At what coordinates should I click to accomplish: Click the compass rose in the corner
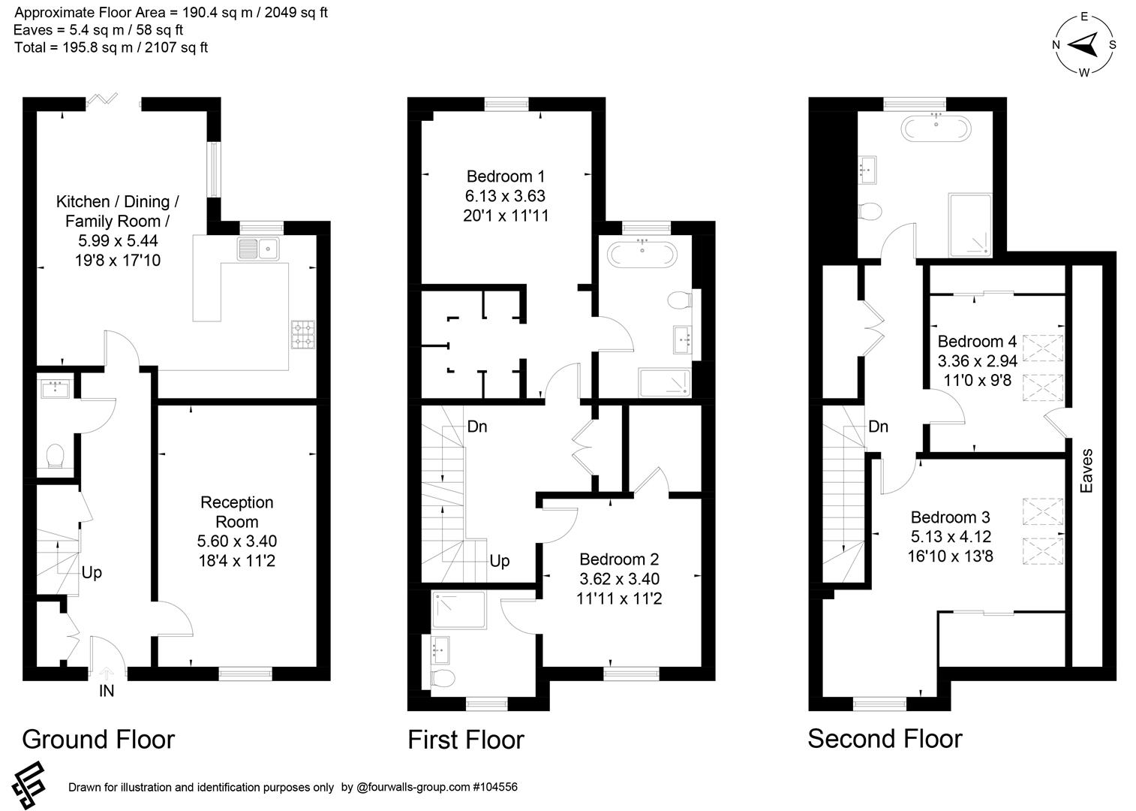click(1084, 45)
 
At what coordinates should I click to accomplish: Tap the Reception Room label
click(236, 512)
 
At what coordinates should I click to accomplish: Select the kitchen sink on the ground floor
click(257, 249)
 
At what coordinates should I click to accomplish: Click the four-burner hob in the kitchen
click(303, 334)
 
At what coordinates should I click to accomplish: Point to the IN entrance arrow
click(106, 674)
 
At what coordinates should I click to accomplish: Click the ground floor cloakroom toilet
click(55, 456)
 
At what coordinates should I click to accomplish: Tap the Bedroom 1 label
click(506, 176)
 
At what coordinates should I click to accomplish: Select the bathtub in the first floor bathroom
click(643, 255)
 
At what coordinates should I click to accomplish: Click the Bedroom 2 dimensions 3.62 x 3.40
click(619, 579)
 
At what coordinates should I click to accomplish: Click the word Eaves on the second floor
click(1086, 471)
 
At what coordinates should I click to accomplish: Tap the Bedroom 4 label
click(977, 342)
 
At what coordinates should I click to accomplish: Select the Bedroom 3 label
click(950, 517)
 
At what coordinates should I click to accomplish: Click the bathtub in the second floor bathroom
click(936, 128)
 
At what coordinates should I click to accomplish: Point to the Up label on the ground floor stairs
click(92, 573)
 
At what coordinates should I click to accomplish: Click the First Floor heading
click(465, 740)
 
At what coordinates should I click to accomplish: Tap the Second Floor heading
click(885, 739)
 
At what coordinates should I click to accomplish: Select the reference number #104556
click(494, 787)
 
